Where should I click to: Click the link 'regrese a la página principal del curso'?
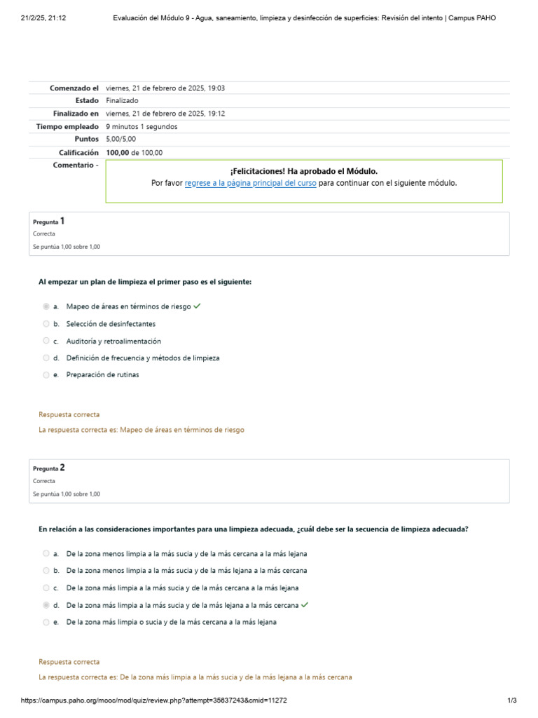[250, 183]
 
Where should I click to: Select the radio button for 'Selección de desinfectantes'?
[46, 324]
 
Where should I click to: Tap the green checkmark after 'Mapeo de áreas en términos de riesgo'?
[197, 306]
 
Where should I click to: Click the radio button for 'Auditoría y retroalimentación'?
[46, 341]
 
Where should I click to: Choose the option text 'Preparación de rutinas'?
[102, 374]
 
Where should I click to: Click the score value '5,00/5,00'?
[120, 139]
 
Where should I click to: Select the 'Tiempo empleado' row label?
[67, 126]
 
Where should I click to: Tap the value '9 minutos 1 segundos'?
[142, 126]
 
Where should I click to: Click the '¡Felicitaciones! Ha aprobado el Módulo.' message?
[304, 171]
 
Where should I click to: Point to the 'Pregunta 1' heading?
[49, 221]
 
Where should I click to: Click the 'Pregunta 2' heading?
[49, 468]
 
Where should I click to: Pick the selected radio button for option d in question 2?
[46, 605]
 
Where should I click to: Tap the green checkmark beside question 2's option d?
[305, 604]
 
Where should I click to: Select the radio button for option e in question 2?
[46, 622]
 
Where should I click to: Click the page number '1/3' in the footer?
[511, 700]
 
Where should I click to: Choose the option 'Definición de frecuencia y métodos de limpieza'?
[143, 358]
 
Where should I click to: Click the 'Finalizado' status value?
[122, 100]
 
